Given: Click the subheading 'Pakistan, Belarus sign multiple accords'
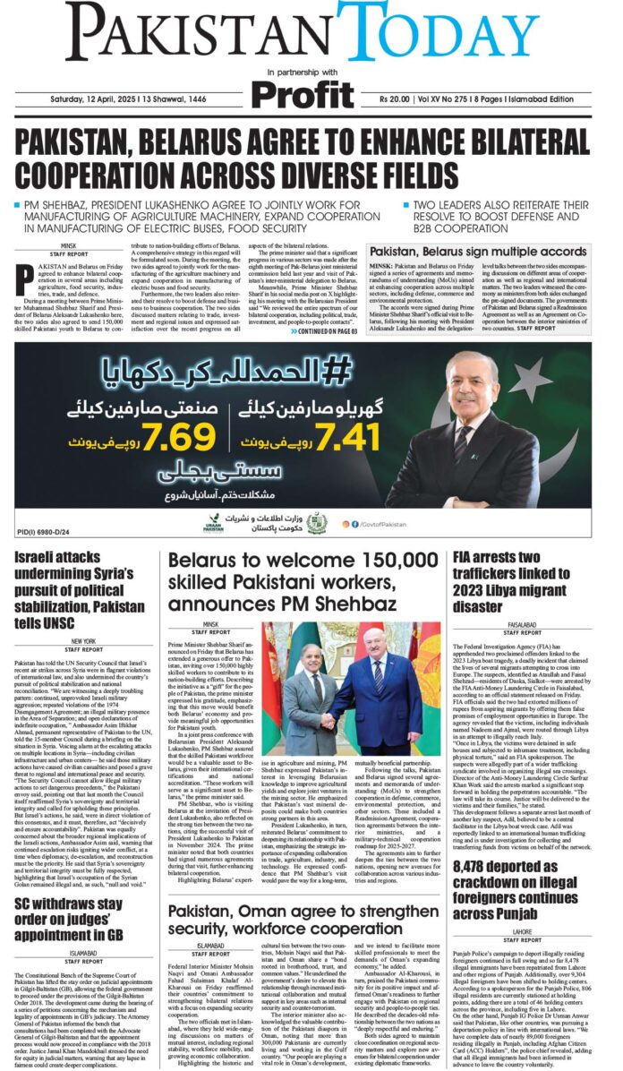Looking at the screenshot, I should [491, 253].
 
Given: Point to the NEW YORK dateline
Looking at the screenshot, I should [83, 641].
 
